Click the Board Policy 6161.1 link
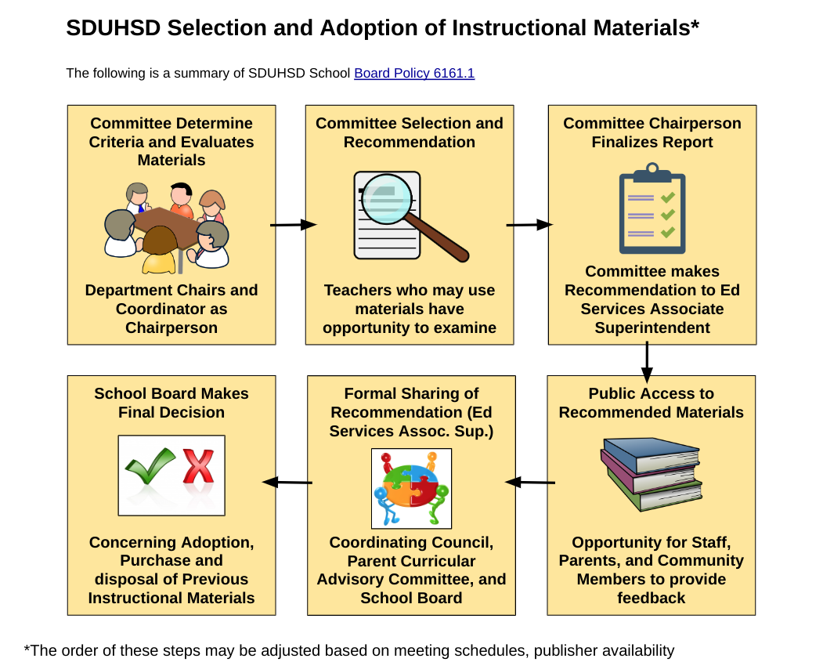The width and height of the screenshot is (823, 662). click(x=414, y=73)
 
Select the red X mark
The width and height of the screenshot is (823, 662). click(x=198, y=466)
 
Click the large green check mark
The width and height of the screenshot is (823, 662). click(x=150, y=465)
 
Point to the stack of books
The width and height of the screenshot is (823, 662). click(x=652, y=474)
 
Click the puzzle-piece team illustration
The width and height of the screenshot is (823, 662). click(x=412, y=489)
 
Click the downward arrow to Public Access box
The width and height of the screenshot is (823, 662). click(x=647, y=362)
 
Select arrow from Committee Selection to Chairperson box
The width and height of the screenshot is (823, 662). click(x=529, y=225)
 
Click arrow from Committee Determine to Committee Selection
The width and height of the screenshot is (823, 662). click(x=294, y=225)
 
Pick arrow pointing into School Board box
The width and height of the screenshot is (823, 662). click(x=287, y=482)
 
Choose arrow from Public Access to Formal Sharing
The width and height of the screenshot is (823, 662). click(x=530, y=482)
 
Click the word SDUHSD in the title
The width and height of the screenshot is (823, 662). click(x=114, y=28)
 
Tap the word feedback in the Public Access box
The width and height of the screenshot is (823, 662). click(x=652, y=598)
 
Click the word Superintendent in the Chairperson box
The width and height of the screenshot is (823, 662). click(x=652, y=327)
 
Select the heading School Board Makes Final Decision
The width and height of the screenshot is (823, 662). click(x=171, y=403)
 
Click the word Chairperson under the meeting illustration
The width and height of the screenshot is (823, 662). click(x=171, y=327)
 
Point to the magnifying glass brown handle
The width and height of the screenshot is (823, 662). click(x=437, y=238)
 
